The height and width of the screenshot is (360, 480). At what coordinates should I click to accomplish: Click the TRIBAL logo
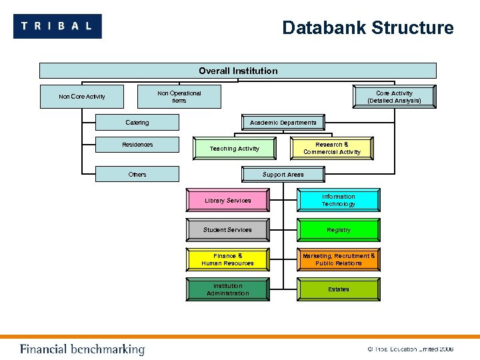click(57, 26)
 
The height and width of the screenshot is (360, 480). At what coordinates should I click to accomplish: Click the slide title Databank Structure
click(367, 28)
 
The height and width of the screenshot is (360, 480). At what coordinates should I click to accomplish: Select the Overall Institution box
click(238, 71)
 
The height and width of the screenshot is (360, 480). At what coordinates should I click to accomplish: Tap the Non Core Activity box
click(82, 97)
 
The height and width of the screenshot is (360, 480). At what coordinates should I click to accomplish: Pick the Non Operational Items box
click(179, 97)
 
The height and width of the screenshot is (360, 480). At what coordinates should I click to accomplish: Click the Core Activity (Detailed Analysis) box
click(394, 97)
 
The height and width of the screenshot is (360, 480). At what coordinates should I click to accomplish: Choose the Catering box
click(137, 123)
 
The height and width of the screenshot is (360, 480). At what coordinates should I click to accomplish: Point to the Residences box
click(137, 145)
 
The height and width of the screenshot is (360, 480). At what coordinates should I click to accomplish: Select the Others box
click(137, 175)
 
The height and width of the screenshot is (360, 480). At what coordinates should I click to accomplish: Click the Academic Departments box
click(283, 123)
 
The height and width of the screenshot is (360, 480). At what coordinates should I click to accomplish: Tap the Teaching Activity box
click(234, 149)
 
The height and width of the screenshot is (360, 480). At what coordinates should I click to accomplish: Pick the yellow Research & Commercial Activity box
click(332, 148)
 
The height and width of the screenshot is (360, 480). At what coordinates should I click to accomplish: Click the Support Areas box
click(283, 175)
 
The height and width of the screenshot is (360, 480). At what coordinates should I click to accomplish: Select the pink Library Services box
click(228, 201)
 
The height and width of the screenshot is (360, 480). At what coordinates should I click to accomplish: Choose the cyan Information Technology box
click(339, 201)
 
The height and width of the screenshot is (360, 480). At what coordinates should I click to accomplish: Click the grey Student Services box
click(228, 230)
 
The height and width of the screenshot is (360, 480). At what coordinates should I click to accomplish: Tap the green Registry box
click(339, 230)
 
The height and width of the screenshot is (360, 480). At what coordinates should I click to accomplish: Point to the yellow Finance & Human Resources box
click(228, 259)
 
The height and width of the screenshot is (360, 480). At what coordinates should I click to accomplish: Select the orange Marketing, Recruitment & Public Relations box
click(339, 259)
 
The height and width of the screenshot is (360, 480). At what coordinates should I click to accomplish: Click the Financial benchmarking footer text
click(82, 349)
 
